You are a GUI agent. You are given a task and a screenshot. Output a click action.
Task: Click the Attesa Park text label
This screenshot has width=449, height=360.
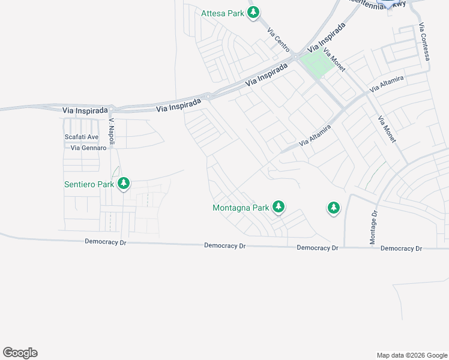[223, 13]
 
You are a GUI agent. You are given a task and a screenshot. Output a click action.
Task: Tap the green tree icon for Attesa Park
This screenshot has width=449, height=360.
[254, 12]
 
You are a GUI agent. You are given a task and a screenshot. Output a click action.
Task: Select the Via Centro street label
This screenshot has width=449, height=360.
[279, 40]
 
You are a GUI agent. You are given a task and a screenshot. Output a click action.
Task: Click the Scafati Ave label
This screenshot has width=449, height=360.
[81, 137]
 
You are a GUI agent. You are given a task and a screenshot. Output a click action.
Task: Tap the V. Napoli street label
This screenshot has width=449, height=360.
[112, 132]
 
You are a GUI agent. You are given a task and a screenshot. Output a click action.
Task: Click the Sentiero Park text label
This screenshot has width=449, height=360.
[89, 184]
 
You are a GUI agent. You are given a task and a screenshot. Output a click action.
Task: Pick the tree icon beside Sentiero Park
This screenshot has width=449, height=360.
[124, 184]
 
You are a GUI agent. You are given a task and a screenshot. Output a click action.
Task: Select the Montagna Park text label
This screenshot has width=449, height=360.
[241, 208]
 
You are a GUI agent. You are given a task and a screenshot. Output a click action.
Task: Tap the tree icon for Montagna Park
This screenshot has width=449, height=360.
[278, 208]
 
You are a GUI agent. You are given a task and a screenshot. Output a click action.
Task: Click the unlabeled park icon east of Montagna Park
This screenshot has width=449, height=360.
[333, 208]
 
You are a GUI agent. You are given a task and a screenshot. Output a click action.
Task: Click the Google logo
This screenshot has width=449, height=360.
[20, 353]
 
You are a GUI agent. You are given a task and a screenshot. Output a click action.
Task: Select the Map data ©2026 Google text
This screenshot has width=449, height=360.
[411, 355]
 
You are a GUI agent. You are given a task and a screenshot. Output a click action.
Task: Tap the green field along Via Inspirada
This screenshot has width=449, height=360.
[316, 63]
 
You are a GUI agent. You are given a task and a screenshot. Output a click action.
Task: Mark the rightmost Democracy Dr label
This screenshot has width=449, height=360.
[401, 248]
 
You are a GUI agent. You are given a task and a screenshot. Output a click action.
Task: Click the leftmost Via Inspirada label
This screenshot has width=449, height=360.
[85, 110]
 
